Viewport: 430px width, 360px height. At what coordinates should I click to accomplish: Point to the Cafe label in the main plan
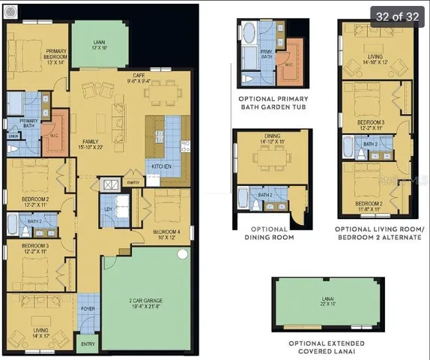138,78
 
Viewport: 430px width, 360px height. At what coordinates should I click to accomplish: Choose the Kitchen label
163,166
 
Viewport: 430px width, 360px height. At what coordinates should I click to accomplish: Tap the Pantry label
133,182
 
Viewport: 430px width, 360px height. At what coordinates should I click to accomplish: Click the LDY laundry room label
109,209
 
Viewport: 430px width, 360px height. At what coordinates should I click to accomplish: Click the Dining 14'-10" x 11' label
273,139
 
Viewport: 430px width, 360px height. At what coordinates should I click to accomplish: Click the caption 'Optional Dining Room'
269,233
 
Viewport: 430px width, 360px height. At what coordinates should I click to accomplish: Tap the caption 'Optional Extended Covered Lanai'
321,346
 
